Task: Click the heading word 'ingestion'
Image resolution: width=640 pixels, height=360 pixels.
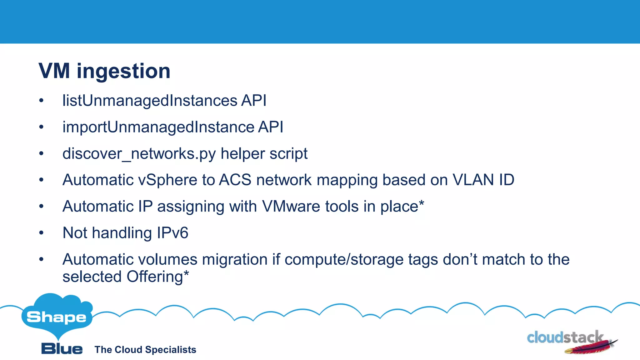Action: tap(123, 71)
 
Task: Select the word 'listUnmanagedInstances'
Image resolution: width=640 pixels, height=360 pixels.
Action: tap(150, 101)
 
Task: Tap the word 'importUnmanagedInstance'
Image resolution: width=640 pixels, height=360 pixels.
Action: tap(158, 127)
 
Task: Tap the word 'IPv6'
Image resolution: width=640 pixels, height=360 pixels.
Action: tap(172, 233)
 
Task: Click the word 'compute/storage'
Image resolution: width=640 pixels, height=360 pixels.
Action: tap(344, 260)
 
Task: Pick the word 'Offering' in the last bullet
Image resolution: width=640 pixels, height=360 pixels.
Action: tap(154, 277)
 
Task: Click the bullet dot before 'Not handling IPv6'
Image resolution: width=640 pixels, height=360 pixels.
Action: tap(41, 233)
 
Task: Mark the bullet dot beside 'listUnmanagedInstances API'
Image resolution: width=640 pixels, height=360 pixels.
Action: tap(41, 101)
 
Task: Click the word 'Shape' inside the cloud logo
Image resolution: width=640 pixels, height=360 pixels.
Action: tap(57, 317)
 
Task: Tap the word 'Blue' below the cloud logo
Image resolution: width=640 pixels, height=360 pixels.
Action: tap(62, 349)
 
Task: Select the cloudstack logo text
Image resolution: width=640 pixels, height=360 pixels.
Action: tap(565, 337)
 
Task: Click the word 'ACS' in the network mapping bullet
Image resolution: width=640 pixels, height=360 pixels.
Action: tap(235, 180)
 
